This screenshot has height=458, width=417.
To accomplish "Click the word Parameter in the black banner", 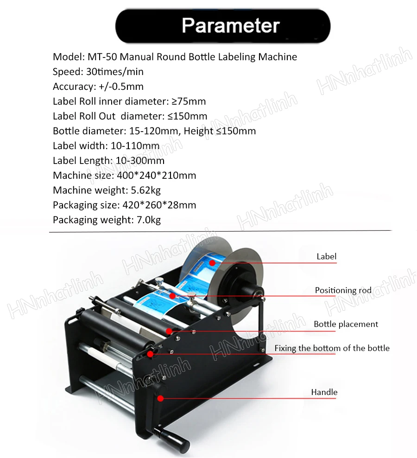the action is coord(230,25).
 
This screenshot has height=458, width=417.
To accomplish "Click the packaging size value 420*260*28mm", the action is coord(159,205).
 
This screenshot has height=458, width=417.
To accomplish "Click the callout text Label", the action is coord(326,257).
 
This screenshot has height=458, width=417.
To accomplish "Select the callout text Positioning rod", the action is coord(343,290).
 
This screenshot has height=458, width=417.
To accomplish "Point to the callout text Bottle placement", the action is coord(346,324).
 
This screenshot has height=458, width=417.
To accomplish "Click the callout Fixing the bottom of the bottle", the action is coord(332,348).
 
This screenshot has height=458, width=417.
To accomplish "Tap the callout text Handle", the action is coord(324,392).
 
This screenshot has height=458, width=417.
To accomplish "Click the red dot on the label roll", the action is coord(212,263).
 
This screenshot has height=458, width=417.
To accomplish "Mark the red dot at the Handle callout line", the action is coord(160,397).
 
